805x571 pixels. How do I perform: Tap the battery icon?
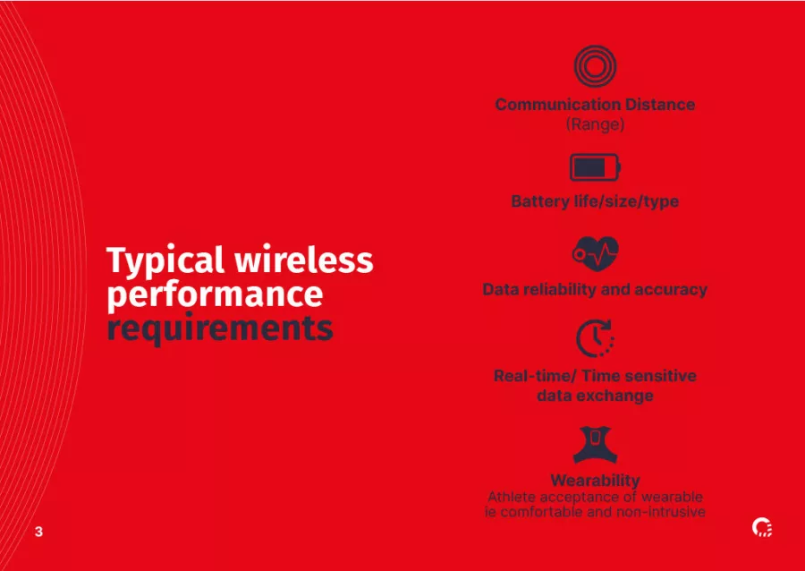pos(595,167)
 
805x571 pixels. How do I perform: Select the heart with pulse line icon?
pos(596,253)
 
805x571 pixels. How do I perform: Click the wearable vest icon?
pos(595,445)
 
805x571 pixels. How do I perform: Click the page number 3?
pos(38,532)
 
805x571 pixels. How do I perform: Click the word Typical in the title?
pos(165,260)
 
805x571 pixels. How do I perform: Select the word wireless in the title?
pos(304,260)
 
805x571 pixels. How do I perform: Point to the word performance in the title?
pos(215,295)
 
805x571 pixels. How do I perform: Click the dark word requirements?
pos(220,329)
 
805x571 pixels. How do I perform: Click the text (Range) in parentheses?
pos(595,124)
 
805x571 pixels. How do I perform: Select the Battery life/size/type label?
pos(595,200)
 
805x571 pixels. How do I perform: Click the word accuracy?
pos(671,290)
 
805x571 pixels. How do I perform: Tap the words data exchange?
pos(595,396)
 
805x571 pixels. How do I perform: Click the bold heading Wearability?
pos(595,481)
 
